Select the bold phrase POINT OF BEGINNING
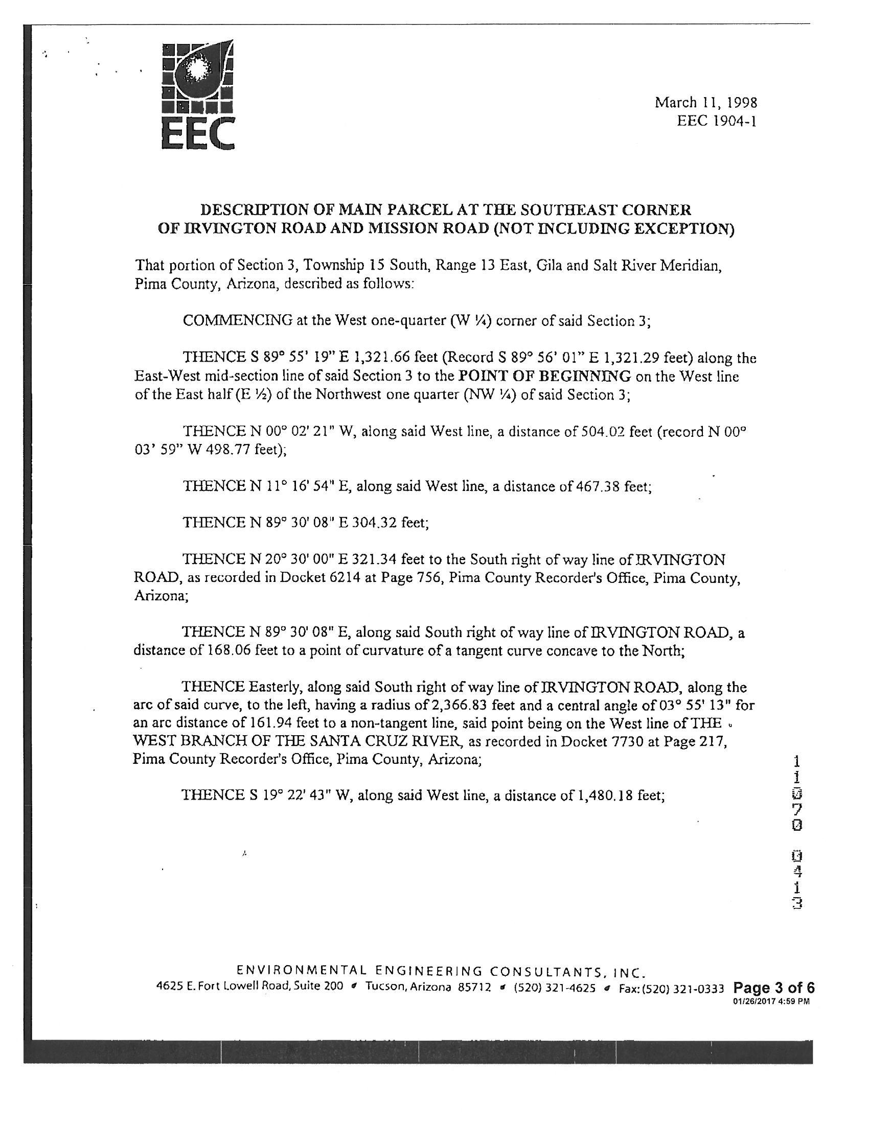(x=545, y=376)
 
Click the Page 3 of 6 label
(x=773, y=988)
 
